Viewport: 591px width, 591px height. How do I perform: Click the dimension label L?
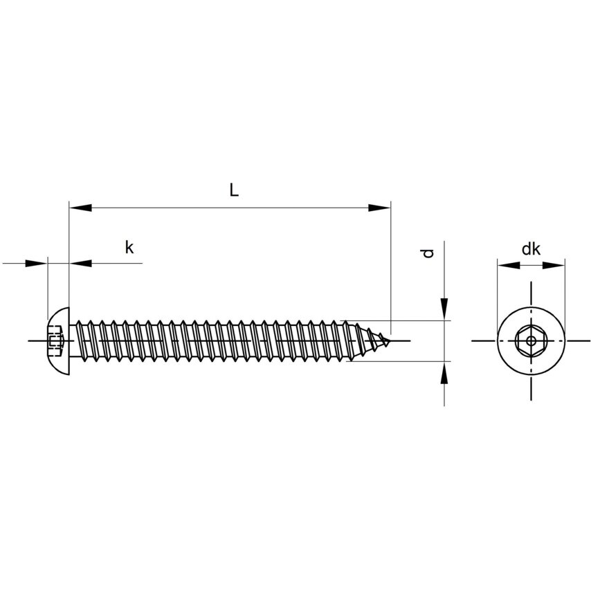pos(234,190)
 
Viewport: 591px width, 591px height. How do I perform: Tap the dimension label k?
pos(129,248)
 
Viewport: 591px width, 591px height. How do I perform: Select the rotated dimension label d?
pos(428,253)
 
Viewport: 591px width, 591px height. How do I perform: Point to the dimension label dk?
pos(531,249)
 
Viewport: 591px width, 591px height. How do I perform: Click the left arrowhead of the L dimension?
pos(80,208)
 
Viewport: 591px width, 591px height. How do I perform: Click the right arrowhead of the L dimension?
pos(379,208)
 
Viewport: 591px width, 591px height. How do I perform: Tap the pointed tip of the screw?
pos(390,340)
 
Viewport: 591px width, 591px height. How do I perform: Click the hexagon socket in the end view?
pos(531,341)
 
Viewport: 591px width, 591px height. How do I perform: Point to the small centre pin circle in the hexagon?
pos(531,341)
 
